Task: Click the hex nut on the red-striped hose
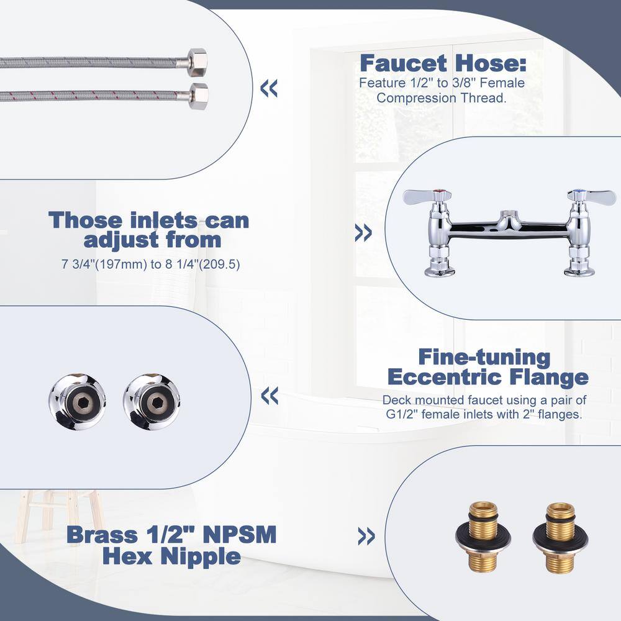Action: click(x=198, y=96)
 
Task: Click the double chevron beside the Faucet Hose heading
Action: click(x=269, y=88)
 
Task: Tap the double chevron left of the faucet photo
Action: click(x=363, y=233)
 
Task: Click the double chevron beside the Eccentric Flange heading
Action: click(x=270, y=396)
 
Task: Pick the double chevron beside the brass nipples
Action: click(x=366, y=537)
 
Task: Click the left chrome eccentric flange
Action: click(x=77, y=401)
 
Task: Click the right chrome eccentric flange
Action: click(x=152, y=402)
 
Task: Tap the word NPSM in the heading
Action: click(x=239, y=535)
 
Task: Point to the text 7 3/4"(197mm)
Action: click(x=104, y=264)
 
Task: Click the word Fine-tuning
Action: click(x=484, y=357)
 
